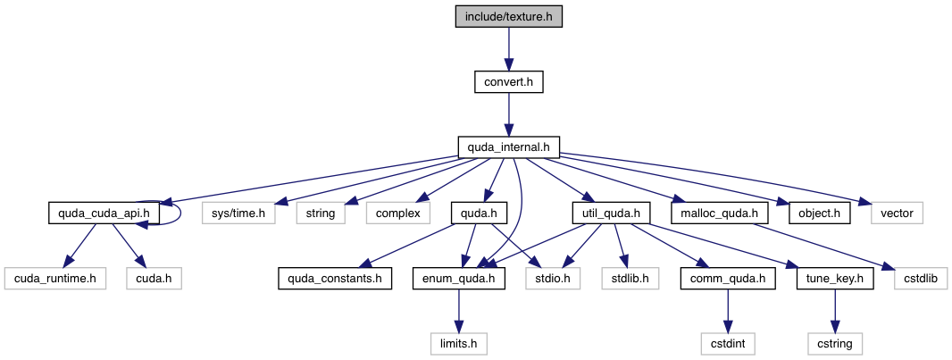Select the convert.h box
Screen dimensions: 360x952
click(508, 82)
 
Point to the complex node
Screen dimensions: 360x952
click(397, 213)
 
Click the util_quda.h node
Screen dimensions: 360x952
click(611, 213)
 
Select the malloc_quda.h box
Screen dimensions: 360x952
click(719, 213)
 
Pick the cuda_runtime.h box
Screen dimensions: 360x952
click(55, 279)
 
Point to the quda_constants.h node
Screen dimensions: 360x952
click(334, 279)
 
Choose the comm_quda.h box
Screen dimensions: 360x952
click(729, 279)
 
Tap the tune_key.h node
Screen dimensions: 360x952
click(835, 279)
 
